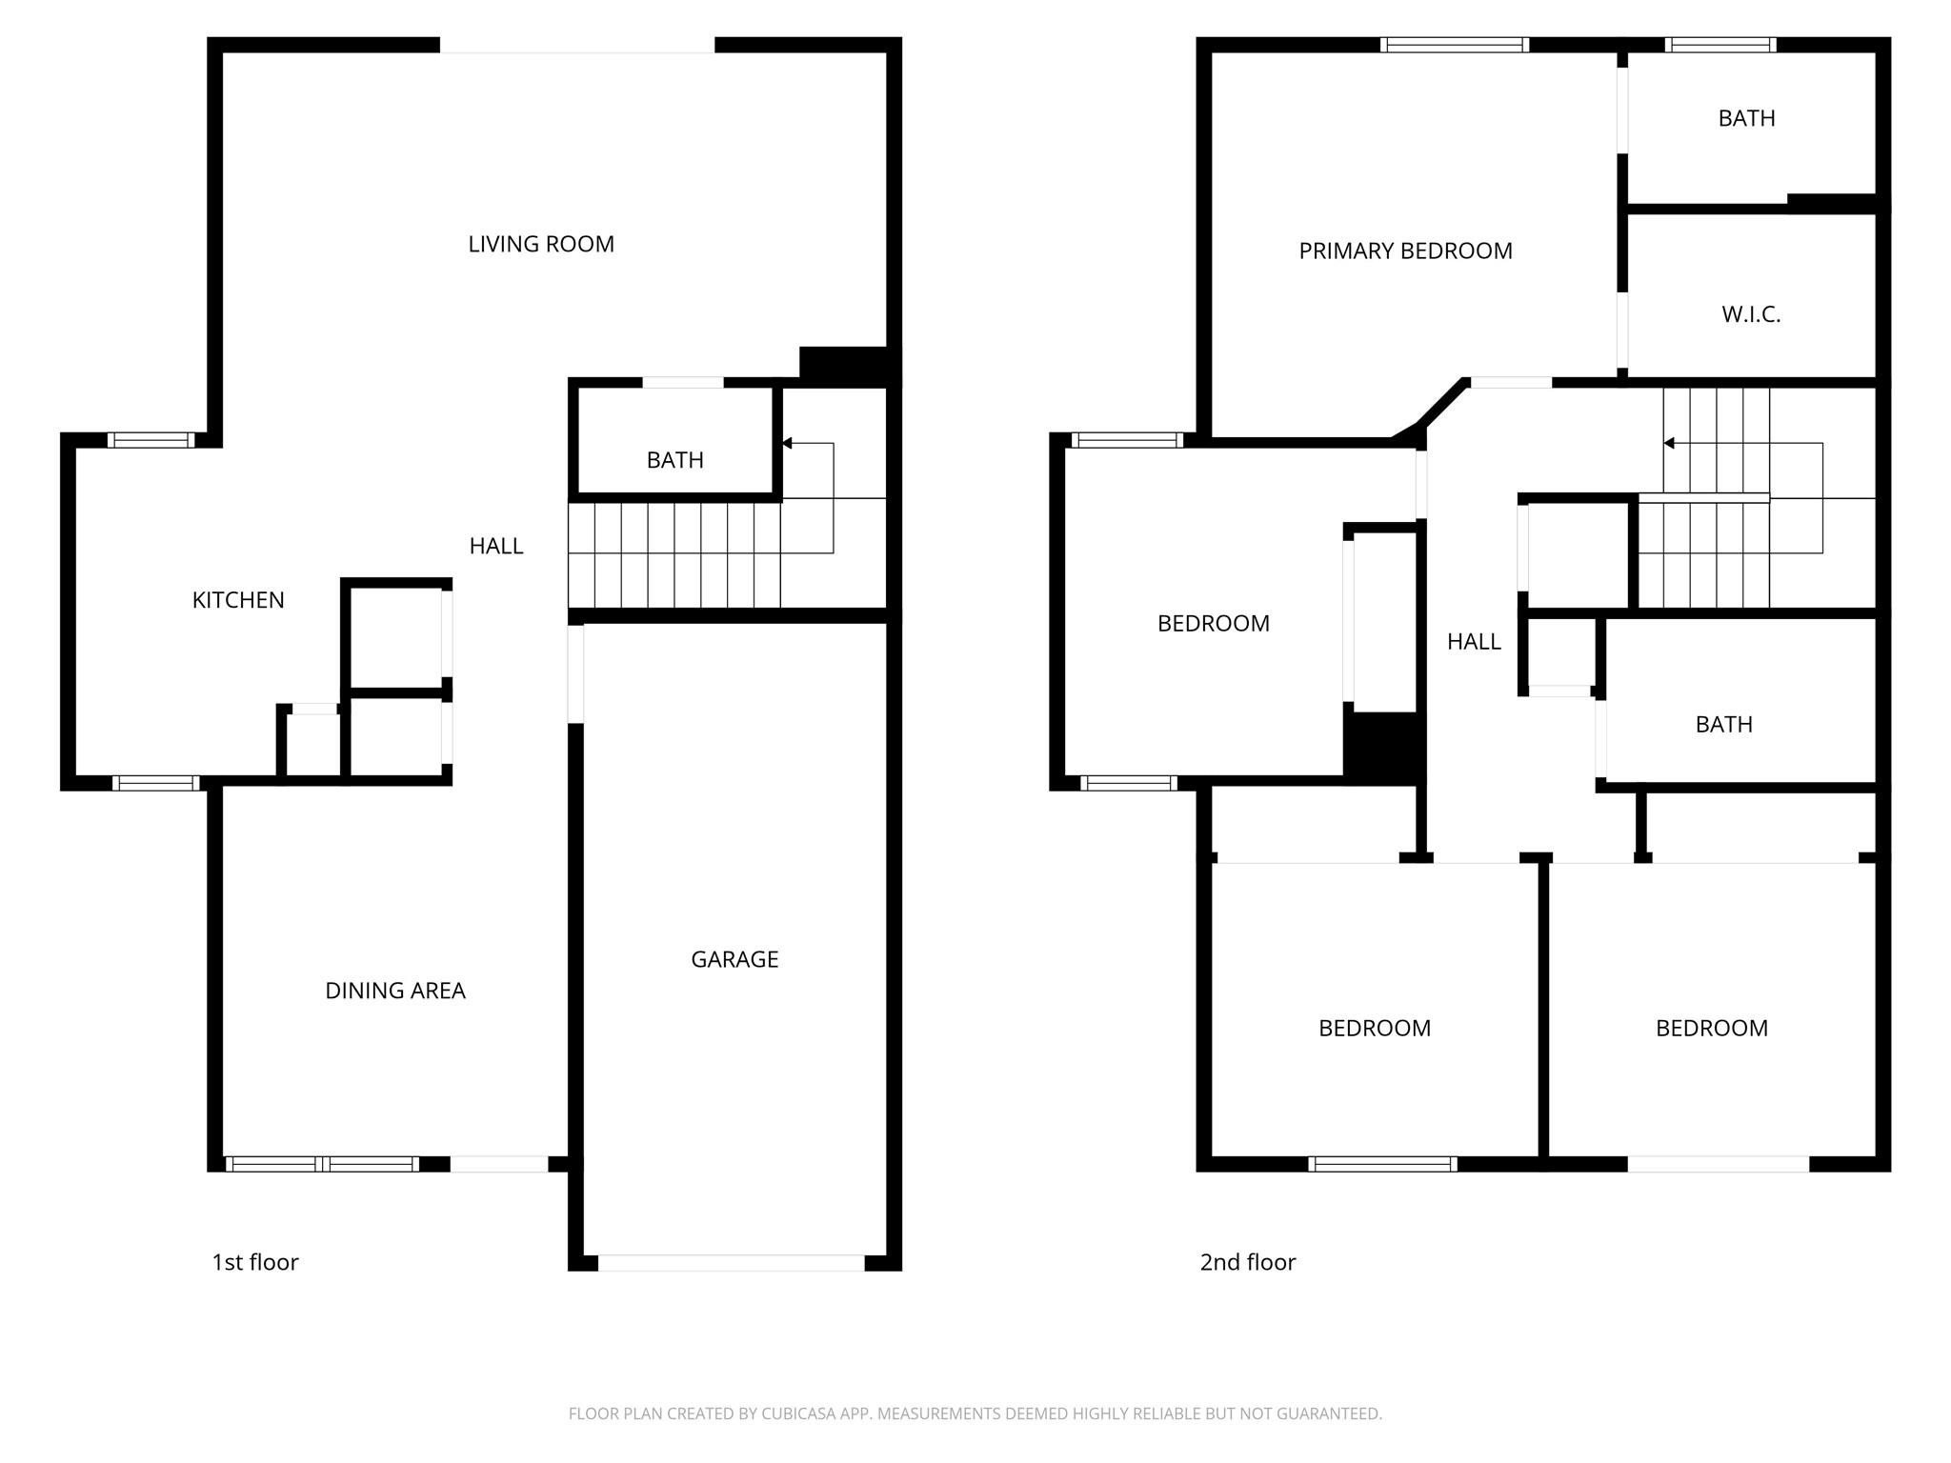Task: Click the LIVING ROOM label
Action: [x=541, y=244]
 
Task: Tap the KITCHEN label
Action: [x=238, y=600]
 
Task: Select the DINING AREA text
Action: [x=395, y=991]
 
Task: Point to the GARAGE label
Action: [x=734, y=959]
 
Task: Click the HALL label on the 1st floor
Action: [x=496, y=546]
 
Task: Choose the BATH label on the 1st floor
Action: [x=675, y=460]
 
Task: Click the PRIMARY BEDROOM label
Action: [x=1405, y=251]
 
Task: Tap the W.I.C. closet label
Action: [x=1751, y=314]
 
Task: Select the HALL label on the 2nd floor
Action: [x=1474, y=642]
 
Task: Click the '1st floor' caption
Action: [x=255, y=1262]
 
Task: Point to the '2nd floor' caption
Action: [x=1248, y=1262]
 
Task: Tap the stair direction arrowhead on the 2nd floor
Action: [x=1670, y=443]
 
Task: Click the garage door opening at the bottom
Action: [x=732, y=1263]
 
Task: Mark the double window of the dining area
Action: [x=322, y=1164]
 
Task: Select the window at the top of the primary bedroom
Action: [x=1455, y=45]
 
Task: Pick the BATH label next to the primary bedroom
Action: [x=1746, y=118]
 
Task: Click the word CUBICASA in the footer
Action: [x=799, y=1413]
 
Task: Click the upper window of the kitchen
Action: [x=151, y=440]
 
